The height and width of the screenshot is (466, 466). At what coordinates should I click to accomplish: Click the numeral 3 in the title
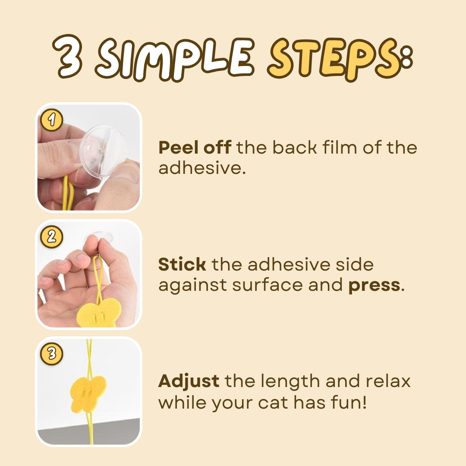pos(67,57)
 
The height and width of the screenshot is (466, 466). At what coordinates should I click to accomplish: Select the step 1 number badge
pos(52,120)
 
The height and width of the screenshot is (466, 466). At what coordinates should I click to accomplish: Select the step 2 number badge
pos(52,237)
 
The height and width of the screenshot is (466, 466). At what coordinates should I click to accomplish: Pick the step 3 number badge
pos(52,354)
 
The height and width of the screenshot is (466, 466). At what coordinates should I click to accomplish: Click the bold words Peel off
pos(195,148)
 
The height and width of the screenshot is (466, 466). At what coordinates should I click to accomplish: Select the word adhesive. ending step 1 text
pos(202,168)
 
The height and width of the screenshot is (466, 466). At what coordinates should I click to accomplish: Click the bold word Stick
pos(182,264)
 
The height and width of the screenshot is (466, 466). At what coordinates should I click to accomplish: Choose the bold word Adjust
pos(189,381)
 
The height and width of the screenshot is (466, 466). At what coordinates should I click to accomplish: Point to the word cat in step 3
pos(273,403)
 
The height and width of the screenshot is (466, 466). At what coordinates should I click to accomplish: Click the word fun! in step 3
pos(349,402)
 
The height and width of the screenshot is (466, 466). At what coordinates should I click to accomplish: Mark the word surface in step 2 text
pos(268,285)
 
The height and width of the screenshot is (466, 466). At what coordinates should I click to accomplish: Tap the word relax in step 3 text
pos(388,381)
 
